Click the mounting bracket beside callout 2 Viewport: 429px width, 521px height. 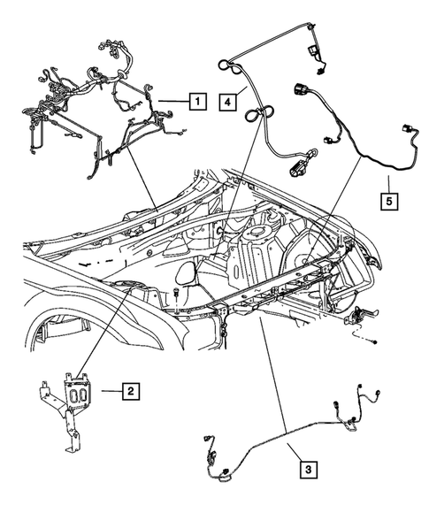pos(71,402)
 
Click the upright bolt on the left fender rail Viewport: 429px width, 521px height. pos(179,297)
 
